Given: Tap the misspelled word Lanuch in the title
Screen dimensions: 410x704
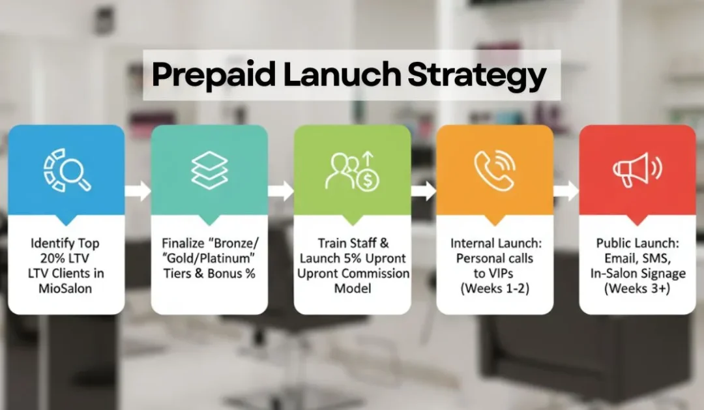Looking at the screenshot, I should coord(341,76).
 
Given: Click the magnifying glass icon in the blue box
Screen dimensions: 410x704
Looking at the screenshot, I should coord(66,171).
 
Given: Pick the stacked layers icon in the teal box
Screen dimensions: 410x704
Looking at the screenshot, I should coord(209,170).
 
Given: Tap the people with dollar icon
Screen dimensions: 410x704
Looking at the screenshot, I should coord(352,171).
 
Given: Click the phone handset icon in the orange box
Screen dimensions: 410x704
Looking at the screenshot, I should coord(495,170).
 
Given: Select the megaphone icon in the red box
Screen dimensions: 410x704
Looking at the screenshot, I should coord(637,170).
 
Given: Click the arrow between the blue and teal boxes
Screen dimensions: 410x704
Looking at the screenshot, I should coord(138,191).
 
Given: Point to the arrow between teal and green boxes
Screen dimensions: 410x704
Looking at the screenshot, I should coord(280,191).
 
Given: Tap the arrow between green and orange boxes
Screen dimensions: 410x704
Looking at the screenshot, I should coord(423,191).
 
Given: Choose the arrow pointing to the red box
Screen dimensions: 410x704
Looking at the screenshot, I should coord(566,191).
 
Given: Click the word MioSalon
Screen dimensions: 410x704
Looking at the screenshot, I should coord(66,287).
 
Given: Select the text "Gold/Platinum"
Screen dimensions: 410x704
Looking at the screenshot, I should coord(209,258).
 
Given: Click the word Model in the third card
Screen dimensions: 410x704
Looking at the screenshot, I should coord(352,287).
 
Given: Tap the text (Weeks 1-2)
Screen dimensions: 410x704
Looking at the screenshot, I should coord(495,287).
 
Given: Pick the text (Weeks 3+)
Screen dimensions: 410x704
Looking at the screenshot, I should coord(637,287).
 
